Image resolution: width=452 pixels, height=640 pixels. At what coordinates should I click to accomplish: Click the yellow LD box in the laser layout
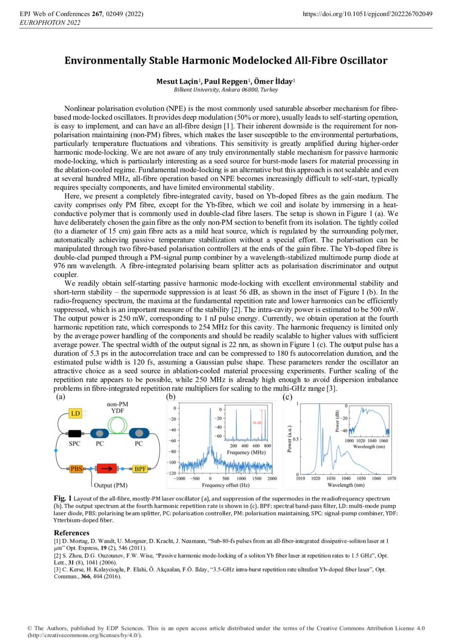pos(75,413)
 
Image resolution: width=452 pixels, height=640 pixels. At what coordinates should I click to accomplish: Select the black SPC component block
pos(74,433)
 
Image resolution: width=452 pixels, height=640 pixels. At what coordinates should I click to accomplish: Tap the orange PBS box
pos(76,469)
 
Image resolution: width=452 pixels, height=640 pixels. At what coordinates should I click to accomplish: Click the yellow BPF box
pos(140,469)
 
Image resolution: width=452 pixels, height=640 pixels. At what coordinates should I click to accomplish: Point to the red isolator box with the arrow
pos(106,469)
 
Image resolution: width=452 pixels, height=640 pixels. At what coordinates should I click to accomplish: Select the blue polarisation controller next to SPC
pos(99,433)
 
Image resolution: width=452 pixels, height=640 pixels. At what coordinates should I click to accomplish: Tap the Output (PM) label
pos(111,485)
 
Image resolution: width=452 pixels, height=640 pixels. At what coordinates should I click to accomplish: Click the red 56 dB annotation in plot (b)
pos(257,423)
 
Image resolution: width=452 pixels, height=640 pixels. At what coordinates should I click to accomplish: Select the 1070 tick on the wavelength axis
pos(391,478)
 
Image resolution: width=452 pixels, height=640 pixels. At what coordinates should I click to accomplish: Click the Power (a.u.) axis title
pos(290,440)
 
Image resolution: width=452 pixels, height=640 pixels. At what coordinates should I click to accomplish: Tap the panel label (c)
pos(287,397)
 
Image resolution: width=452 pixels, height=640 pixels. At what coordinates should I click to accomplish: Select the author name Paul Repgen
pos(226,82)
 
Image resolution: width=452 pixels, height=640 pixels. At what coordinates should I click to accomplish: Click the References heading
pos(71,533)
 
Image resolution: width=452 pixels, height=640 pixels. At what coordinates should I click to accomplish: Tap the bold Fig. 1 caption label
pos(63,498)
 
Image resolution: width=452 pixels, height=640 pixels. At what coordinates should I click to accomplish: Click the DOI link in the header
pos(367,14)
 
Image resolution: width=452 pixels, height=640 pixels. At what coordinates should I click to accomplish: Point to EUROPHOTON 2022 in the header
pos(50,22)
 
